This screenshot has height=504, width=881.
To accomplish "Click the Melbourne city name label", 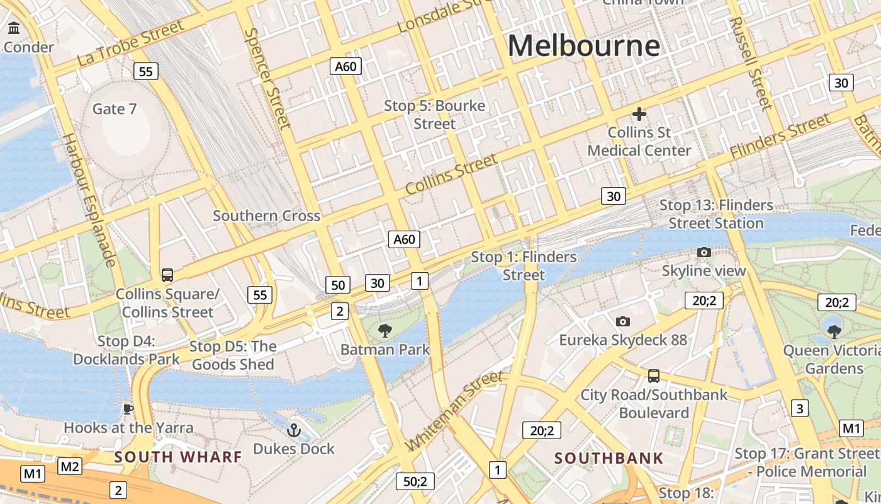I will [583, 46].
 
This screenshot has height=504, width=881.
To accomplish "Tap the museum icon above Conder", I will [14, 28].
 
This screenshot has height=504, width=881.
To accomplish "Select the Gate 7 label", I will [115, 109].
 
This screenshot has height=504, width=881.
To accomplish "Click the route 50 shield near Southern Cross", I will [338, 285].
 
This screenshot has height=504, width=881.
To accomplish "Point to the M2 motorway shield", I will [70, 466].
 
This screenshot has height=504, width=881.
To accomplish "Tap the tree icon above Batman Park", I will [384, 331].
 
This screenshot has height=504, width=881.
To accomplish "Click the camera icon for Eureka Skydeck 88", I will [623, 322].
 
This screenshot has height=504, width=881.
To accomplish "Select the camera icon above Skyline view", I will [704, 253].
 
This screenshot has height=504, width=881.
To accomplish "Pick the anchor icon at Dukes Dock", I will [293, 430].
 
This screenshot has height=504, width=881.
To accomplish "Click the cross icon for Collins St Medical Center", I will [639, 114].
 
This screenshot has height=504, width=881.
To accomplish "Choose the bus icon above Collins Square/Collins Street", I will [167, 275].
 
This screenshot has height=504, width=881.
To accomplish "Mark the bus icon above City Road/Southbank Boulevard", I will [654, 376].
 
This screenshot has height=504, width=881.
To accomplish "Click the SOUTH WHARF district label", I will [178, 457].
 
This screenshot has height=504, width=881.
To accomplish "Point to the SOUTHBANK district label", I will [609, 458].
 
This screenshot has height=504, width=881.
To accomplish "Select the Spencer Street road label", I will [269, 78].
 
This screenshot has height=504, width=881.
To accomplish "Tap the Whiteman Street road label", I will [454, 410].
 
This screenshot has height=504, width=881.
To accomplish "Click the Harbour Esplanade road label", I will [90, 199].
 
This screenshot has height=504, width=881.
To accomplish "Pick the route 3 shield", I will [799, 408].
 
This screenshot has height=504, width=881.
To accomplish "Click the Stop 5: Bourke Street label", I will [435, 115].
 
